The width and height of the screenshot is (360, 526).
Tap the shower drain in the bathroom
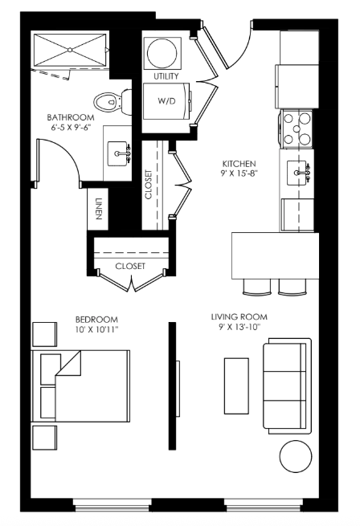pyautogui.click(x=70, y=50)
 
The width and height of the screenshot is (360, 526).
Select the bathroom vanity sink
pyautogui.click(x=117, y=153)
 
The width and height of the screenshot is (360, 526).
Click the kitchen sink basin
pyautogui.click(x=297, y=173)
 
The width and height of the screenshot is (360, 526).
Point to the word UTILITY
pyautogui.click(x=166, y=76)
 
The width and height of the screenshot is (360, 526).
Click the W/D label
pyautogui.click(x=166, y=100)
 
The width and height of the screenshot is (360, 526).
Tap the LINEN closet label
pyautogui.click(x=98, y=209)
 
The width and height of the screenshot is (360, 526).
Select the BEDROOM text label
pyautogui.click(x=96, y=320)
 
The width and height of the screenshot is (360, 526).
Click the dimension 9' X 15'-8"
pyautogui.click(x=239, y=173)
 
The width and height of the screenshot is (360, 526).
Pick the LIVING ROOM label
pyautogui.click(x=239, y=316)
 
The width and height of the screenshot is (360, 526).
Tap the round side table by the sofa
pyautogui.click(x=296, y=456)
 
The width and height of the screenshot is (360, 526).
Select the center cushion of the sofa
pyautogui.click(x=284, y=385)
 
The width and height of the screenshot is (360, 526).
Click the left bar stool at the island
pyautogui.click(x=257, y=287)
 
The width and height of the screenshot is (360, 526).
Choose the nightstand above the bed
pyautogui.click(x=45, y=334)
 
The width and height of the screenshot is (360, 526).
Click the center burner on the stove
pyautogui.click(x=297, y=128)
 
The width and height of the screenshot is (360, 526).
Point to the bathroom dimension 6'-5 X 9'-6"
pyautogui.click(x=70, y=128)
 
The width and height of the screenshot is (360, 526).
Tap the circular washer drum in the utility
pyautogui.click(x=162, y=53)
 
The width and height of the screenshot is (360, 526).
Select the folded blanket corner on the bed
pyautogui.click(x=68, y=363)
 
